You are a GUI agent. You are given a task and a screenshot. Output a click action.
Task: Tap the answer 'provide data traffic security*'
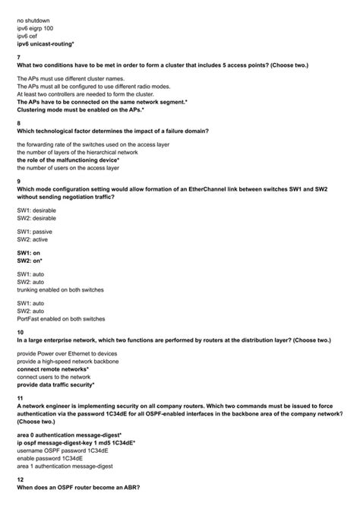[65, 384]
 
